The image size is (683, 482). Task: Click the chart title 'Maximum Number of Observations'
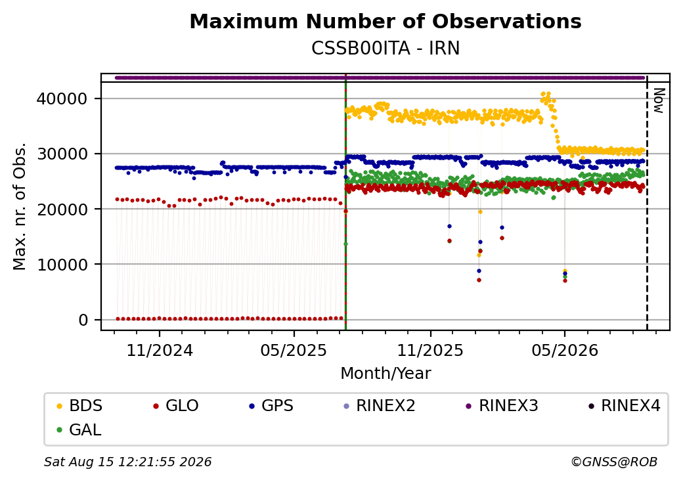pos(386,21)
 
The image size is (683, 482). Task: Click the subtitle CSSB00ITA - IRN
pos(386,49)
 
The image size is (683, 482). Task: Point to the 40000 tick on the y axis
pos(62,99)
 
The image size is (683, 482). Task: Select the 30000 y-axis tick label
pos(62,154)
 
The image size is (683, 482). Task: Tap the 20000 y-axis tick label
pos(62,209)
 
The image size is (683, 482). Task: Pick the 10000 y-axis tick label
pos(62,265)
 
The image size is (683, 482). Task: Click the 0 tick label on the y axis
pos(83,320)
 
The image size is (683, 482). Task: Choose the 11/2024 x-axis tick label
pos(160,351)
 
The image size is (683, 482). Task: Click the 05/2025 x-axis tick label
pos(294,351)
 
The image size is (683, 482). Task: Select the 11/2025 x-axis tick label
pos(430,351)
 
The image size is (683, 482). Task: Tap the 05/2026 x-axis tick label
pos(565,351)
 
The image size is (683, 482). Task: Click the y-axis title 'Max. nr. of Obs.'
pos(20,206)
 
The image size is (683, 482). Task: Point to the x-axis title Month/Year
pos(386,374)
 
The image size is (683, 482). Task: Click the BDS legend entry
pos(79,406)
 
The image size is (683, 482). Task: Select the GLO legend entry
pos(176,406)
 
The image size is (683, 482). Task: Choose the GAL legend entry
pos(79,429)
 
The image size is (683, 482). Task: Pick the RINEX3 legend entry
pos(502,406)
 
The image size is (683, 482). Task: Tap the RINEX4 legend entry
pos(624,406)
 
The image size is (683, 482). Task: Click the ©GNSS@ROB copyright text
pos(614,462)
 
